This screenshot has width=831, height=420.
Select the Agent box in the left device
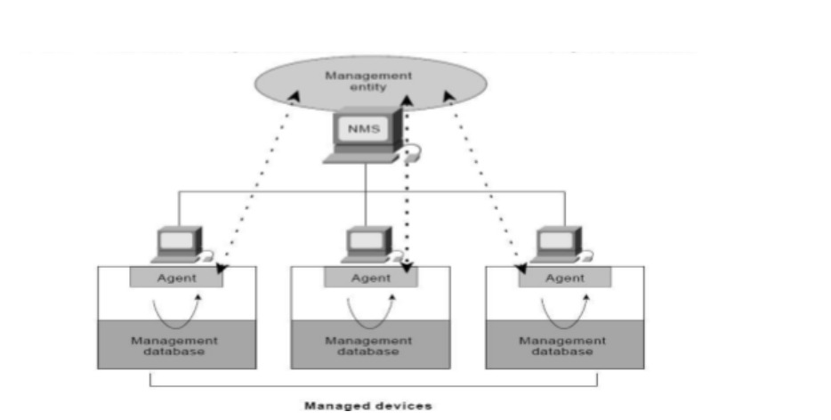176,277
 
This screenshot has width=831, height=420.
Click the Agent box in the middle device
370,277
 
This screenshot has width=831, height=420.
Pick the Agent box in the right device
564,277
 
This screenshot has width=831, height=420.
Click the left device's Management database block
176,344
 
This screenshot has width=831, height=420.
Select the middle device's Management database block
370,344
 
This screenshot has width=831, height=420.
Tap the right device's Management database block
564,344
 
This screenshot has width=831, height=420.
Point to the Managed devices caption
368,406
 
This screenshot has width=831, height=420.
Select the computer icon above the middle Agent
368,243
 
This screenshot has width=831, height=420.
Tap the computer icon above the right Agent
561,243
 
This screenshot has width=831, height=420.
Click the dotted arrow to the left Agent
255,178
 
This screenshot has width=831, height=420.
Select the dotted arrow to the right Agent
484,178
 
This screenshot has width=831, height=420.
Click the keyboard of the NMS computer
360,157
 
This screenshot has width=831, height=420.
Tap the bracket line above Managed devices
374,386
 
